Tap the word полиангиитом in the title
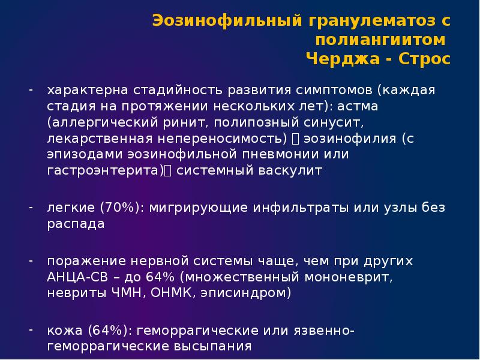coord(381,40)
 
